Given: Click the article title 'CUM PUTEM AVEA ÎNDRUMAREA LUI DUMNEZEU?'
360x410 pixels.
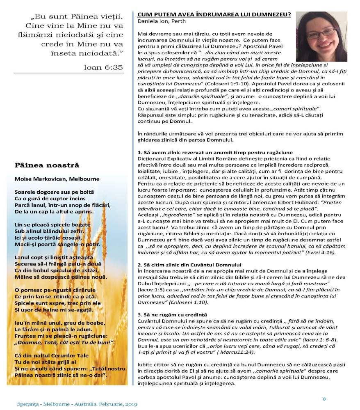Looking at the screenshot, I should point(214,14).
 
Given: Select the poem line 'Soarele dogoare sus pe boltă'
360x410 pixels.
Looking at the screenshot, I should point(54,192).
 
